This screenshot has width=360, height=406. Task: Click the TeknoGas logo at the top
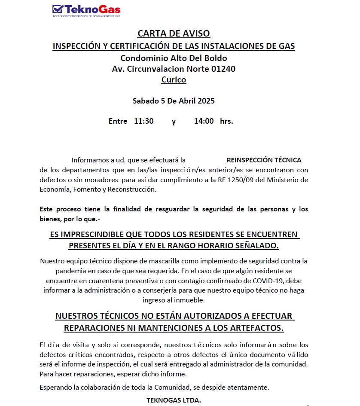(x=86, y=10)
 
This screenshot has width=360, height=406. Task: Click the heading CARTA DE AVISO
(x=174, y=34)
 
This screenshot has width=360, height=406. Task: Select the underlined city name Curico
(x=174, y=79)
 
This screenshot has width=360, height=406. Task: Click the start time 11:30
(x=143, y=121)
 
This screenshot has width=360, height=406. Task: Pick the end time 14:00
(x=204, y=121)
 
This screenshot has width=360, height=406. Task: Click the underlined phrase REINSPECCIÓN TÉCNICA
(x=264, y=160)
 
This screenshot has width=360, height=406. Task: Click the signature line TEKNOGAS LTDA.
(x=174, y=400)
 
